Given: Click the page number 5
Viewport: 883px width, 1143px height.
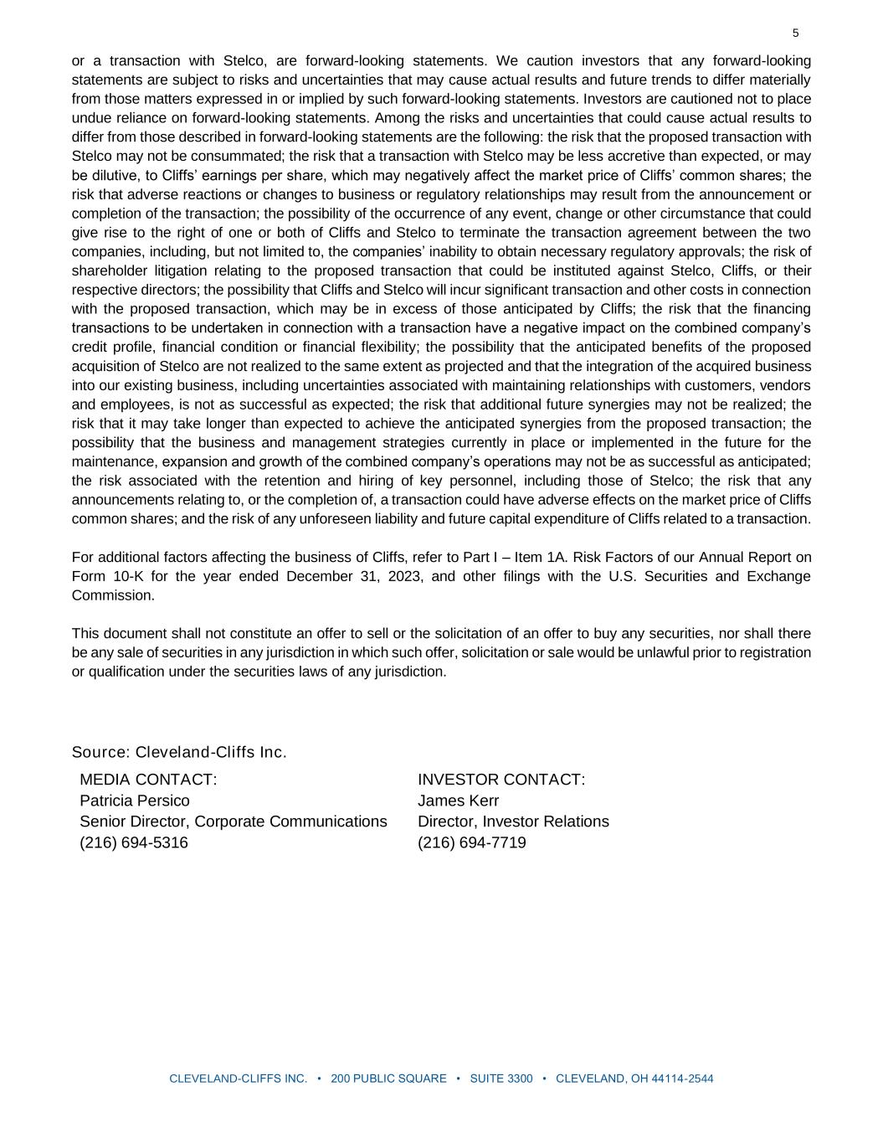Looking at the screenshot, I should click(x=795, y=33).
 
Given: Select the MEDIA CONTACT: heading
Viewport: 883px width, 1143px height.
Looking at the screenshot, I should click(x=148, y=780).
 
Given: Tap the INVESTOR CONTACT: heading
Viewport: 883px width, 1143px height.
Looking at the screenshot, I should click(x=501, y=780).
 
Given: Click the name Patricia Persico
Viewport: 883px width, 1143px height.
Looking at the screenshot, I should click(x=135, y=801).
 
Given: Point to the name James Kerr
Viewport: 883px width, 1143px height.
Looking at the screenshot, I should click(x=458, y=801).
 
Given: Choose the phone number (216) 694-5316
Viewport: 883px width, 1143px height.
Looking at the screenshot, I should click(x=134, y=842).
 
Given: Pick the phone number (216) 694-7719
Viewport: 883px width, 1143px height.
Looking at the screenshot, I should click(x=472, y=842).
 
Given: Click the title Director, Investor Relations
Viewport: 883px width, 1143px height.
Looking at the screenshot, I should click(x=513, y=821).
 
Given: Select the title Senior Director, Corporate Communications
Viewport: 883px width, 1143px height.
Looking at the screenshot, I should click(x=234, y=821).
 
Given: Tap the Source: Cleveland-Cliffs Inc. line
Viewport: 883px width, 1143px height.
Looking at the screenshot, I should click(x=179, y=752).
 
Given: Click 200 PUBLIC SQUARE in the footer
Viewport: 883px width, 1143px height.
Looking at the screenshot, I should click(x=388, y=1079).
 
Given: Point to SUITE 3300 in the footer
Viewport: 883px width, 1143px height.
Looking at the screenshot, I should click(x=501, y=1079).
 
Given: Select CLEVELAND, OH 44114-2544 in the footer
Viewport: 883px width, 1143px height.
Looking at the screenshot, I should click(x=634, y=1079).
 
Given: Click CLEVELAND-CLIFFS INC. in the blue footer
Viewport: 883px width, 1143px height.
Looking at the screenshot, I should click(x=239, y=1079).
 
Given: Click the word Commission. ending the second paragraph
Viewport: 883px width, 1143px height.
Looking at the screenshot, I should click(x=113, y=595).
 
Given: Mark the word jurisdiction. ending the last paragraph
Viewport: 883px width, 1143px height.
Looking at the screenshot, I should click(x=410, y=672).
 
